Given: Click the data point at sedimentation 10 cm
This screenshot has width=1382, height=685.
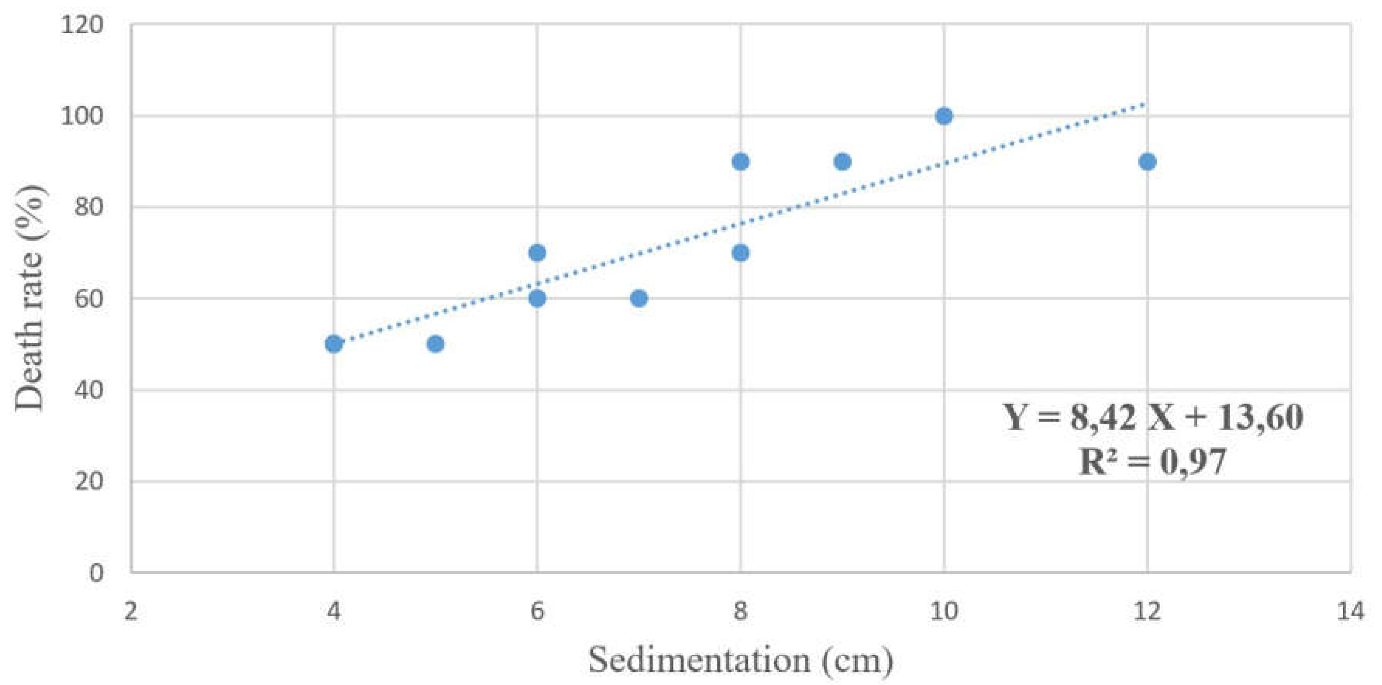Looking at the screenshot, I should (944, 116).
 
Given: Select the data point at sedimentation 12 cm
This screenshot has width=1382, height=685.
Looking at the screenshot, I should (1147, 162).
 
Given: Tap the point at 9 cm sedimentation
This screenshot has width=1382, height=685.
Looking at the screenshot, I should (842, 162).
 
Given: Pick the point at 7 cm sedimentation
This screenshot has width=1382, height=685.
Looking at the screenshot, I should (639, 298).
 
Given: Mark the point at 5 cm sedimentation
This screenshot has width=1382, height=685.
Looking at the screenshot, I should (435, 344).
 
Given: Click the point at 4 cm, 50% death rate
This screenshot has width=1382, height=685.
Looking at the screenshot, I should (334, 344).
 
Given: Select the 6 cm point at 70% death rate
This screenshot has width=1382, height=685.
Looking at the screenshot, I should (537, 253).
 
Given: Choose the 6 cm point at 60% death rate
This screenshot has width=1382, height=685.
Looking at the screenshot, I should (537, 298).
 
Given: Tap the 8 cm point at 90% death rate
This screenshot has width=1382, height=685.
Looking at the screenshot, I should (740, 162).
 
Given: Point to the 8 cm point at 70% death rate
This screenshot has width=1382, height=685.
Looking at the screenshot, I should (740, 253).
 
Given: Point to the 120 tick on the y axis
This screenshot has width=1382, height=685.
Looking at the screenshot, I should (81, 25).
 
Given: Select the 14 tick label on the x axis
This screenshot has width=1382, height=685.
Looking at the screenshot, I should (1350, 611).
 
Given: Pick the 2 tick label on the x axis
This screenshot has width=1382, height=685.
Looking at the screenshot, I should (131, 611).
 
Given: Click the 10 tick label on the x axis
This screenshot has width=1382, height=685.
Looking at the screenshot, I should (944, 611).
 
